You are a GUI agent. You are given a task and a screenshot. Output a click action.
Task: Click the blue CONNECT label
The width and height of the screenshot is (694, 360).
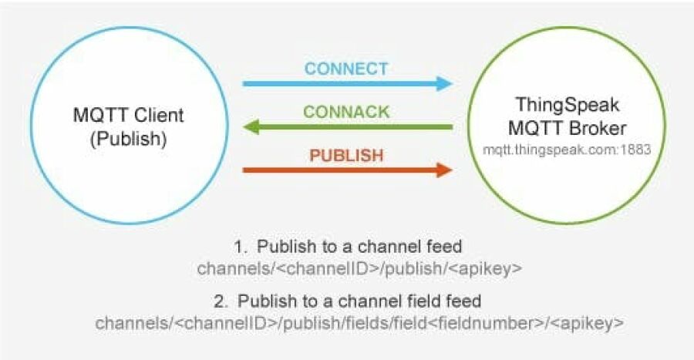click(346, 68)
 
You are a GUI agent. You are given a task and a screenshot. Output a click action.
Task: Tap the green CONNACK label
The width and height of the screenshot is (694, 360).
click(346, 112)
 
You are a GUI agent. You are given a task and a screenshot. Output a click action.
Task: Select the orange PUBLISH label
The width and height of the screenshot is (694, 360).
click(346, 155)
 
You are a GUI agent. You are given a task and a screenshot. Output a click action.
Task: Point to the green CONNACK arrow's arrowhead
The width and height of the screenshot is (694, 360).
click(249, 126)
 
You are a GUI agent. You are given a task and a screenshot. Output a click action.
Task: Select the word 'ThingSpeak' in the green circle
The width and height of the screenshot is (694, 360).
click(568, 105)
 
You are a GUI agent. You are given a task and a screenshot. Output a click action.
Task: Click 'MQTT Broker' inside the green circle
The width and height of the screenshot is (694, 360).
click(568, 127)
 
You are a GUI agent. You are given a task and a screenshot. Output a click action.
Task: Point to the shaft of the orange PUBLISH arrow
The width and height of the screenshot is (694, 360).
click(339, 170)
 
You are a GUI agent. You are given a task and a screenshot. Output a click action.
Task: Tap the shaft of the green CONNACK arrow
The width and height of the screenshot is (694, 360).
click(355, 126)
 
